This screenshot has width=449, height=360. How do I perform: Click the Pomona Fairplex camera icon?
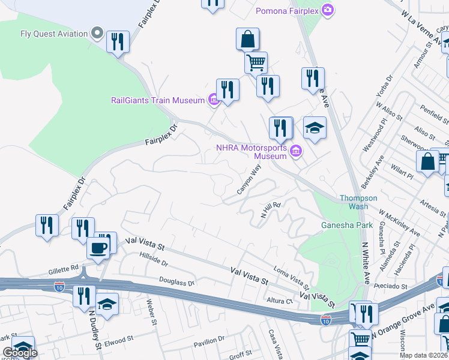327,10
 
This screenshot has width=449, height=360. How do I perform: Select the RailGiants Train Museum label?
158,100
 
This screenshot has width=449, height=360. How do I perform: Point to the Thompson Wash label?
358,202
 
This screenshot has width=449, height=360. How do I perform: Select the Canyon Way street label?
250,180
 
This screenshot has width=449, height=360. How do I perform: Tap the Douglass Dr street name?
177,281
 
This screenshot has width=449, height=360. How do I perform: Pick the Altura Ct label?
280,301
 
